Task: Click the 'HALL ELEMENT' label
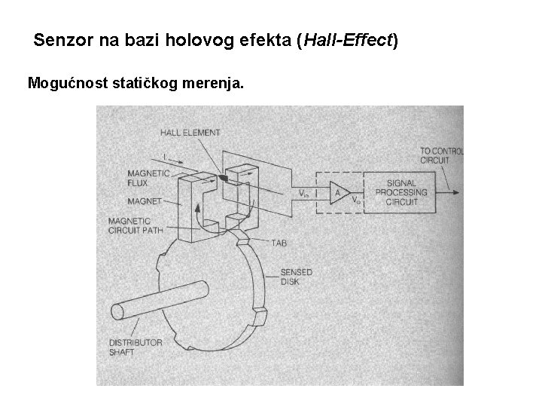coord(190,133)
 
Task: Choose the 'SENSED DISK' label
coord(296,277)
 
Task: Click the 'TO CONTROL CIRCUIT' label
coord(441,155)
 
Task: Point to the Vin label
coord(303,193)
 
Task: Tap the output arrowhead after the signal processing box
coord(456,191)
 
